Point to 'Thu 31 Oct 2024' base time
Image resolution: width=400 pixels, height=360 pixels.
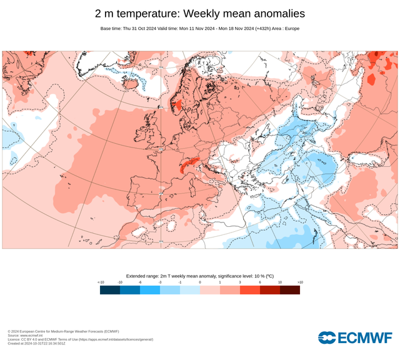(143, 29)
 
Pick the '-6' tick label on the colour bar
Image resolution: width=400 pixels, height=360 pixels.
(140, 282)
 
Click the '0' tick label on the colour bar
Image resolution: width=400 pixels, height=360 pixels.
(200, 282)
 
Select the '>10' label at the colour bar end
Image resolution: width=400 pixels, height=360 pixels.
(300, 282)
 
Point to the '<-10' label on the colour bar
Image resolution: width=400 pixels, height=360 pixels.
(101, 282)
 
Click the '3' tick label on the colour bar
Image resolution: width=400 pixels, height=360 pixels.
(240, 282)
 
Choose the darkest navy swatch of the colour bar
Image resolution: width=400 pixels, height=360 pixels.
(110, 290)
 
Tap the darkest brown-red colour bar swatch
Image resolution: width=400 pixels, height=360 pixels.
(290, 290)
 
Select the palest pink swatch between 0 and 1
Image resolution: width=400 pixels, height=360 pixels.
(210, 290)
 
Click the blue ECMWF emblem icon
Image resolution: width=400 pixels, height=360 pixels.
(327, 337)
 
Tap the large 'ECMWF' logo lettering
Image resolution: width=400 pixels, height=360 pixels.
(365, 338)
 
